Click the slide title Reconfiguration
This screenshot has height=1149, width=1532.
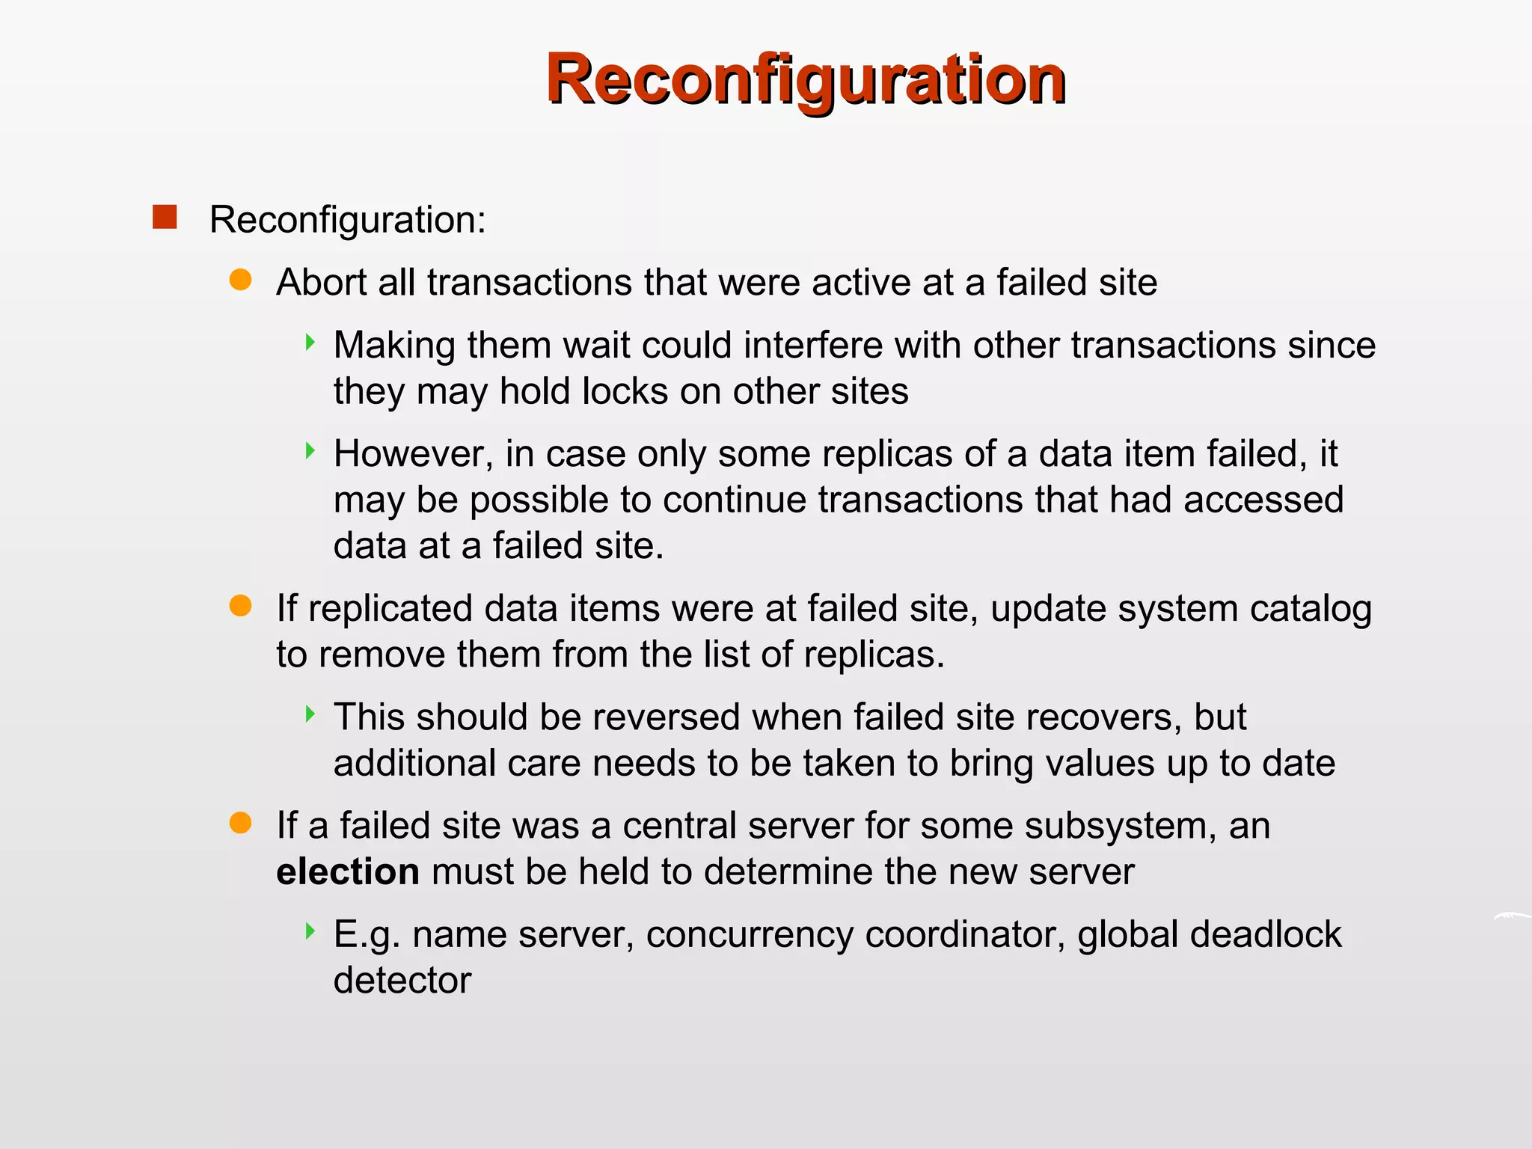coord(806,79)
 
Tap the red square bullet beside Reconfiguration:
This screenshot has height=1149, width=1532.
coord(165,217)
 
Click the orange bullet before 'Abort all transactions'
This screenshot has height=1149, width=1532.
coord(240,280)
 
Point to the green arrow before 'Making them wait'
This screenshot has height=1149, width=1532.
coord(310,343)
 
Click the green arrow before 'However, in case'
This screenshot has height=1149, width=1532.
coord(310,450)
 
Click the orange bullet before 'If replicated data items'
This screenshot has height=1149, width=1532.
coord(240,605)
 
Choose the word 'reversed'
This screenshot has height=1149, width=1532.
coord(667,717)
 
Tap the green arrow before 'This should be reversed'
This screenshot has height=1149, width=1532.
coord(310,714)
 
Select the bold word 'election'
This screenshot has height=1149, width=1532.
coord(348,872)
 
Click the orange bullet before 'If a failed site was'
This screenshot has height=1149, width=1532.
coord(240,823)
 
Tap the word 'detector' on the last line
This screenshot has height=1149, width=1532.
coord(402,981)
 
